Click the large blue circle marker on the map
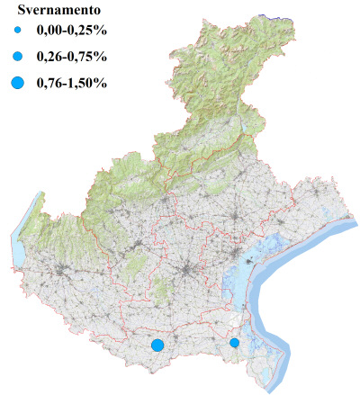click(x=157, y=345)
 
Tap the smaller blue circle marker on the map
click(x=235, y=343)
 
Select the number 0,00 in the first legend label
click(x=49, y=35)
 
